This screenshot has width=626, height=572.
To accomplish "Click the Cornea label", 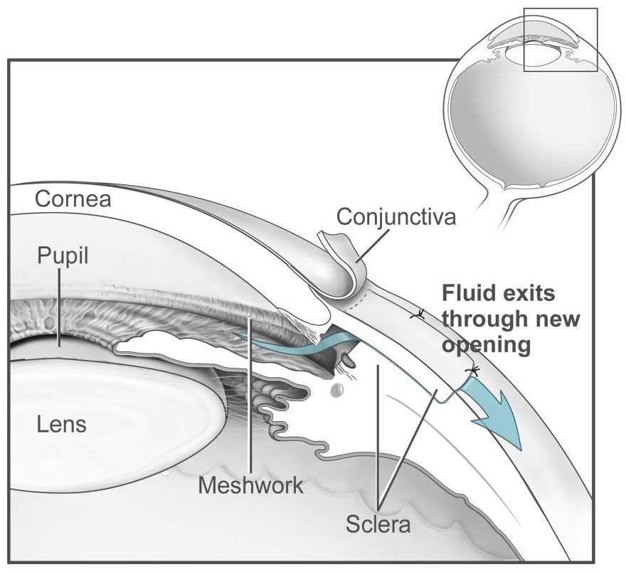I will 73,198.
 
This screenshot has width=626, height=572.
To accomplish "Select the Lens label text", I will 61,425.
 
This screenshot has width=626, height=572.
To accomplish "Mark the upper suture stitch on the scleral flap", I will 420,313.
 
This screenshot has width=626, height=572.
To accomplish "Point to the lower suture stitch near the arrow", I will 470,370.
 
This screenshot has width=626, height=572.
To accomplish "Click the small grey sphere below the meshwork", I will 338,390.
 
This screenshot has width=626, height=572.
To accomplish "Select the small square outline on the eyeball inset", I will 560,39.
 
